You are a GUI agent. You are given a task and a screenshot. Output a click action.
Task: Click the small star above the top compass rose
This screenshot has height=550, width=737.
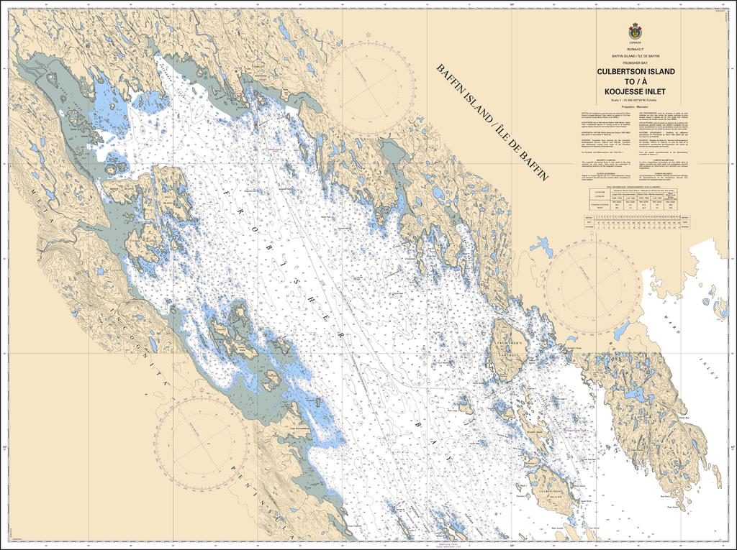click(368, 35)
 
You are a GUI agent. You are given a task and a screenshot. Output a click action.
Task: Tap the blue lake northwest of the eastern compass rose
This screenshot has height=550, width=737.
click(541, 247)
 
